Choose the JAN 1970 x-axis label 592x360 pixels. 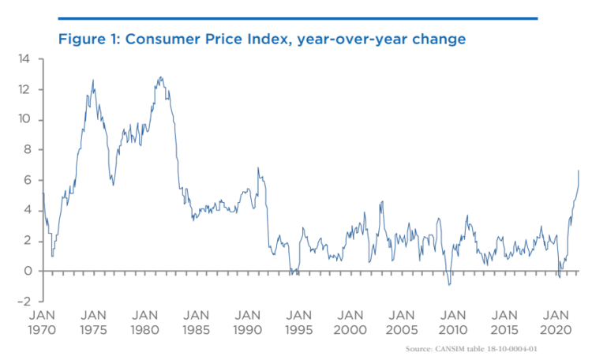coord(42,319)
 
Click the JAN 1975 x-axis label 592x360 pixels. coord(94,319)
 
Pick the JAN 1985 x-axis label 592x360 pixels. coord(197,319)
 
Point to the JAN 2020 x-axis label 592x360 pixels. coord(558,319)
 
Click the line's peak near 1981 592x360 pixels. coord(161,77)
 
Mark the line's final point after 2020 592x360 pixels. coord(579,170)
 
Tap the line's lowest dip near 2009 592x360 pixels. coord(448,284)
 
